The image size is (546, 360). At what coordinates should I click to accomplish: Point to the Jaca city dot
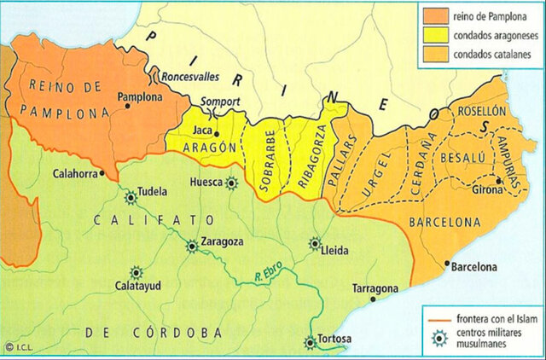click(217, 133)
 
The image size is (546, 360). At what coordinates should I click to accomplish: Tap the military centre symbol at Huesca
click(231, 182)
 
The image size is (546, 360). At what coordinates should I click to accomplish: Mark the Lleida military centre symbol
click(315, 243)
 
